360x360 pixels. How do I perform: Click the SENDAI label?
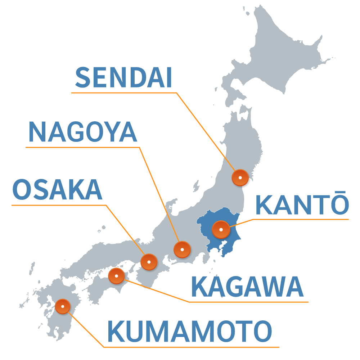(123, 78)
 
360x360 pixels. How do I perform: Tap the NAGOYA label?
(82, 132)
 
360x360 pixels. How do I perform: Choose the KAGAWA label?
(247, 287)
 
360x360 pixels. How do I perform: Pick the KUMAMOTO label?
(189, 332)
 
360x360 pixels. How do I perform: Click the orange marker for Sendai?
(240, 177)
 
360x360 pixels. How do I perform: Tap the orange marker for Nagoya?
(182, 249)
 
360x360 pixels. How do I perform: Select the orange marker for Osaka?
(149, 262)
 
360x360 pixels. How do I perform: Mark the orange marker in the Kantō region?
(221, 229)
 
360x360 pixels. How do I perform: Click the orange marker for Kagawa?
(117, 276)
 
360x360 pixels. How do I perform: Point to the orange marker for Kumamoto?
(63, 306)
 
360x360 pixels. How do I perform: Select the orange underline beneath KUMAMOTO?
(191, 347)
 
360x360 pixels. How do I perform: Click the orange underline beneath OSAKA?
(58, 205)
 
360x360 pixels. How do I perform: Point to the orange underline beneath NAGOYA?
(82, 147)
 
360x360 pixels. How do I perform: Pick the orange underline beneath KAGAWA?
(248, 302)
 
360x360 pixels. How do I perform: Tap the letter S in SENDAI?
(83, 78)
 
